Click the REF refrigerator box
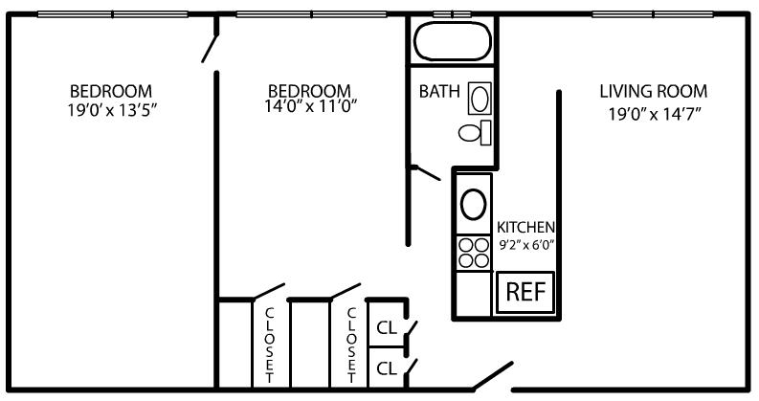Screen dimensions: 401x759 [x=524, y=292]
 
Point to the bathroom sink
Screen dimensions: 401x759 [x=480, y=98]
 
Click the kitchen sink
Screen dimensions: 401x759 [x=473, y=203]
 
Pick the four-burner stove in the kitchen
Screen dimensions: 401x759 [x=473, y=252]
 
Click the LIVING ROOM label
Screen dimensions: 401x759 [x=653, y=92]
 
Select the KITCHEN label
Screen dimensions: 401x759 [x=525, y=227]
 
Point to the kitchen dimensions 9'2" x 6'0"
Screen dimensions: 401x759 [x=525, y=244]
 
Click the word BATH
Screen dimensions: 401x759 [x=439, y=92]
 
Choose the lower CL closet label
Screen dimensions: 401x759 [x=387, y=367]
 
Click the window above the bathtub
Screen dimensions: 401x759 [x=453, y=13]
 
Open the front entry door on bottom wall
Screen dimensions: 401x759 [x=493, y=376]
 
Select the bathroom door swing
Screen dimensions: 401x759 [x=425, y=172]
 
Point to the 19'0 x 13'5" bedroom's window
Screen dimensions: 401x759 [x=112, y=13]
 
